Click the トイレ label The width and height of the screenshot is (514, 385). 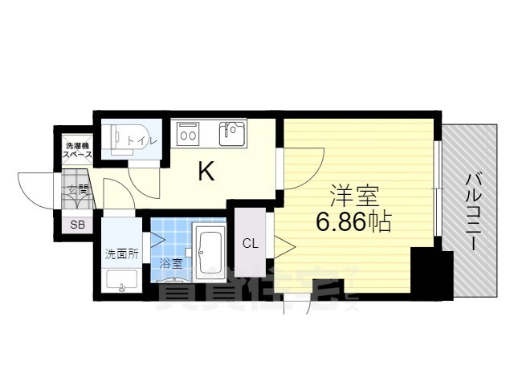[x=149, y=140]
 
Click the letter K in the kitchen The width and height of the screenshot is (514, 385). [x=206, y=171]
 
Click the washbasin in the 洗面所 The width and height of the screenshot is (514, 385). [x=122, y=280]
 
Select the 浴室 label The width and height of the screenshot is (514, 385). [x=169, y=262]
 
